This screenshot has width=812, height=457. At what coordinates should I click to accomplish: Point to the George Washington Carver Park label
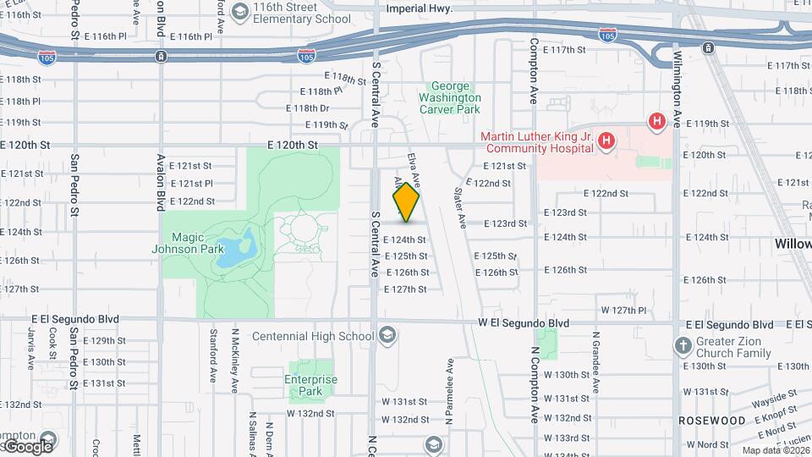[455, 97]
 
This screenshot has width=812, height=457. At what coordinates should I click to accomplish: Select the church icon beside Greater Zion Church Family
[683, 346]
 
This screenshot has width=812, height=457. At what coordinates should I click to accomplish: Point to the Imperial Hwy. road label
[419, 8]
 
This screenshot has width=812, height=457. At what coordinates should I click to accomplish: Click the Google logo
[29, 446]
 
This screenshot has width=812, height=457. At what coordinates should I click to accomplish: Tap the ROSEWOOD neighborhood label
[711, 421]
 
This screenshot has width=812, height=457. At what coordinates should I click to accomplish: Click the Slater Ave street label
[462, 208]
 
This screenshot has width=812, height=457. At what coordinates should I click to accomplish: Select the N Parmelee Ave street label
[450, 397]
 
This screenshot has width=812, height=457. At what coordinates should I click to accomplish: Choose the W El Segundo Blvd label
[524, 323]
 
